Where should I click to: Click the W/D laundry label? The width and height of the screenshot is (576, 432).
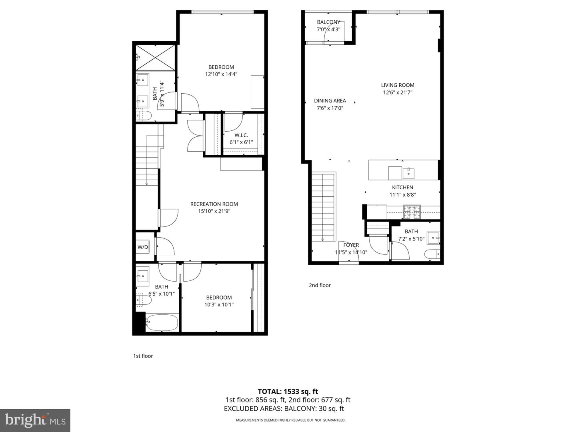pyautogui.click(x=143, y=247)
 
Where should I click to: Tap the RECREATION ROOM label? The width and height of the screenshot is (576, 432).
pyautogui.click(x=214, y=204)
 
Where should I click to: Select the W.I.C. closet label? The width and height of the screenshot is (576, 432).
pyautogui.click(x=241, y=135)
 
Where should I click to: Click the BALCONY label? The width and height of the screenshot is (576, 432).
pyautogui.click(x=328, y=22)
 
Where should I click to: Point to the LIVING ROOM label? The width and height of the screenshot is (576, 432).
pyautogui.click(x=397, y=85)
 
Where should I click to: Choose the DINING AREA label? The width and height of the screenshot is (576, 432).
pyautogui.click(x=330, y=101)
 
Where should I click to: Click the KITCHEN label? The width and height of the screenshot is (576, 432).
pyautogui.click(x=402, y=187)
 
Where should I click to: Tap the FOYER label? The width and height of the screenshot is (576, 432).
pyautogui.click(x=351, y=245)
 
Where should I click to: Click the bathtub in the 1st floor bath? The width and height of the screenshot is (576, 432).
pyautogui.click(x=162, y=322)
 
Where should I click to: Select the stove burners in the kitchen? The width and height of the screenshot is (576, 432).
pyautogui.click(x=412, y=212)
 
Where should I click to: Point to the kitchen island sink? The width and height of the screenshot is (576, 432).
pyautogui.click(x=408, y=173)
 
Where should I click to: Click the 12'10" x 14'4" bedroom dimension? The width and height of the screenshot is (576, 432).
pyautogui.click(x=221, y=74)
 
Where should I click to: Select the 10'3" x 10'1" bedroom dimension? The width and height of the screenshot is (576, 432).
pyautogui.click(x=219, y=304)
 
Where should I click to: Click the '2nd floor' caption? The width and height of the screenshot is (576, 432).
pyautogui.click(x=320, y=285)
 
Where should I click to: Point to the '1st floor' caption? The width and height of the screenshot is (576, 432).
pyautogui.click(x=143, y=356)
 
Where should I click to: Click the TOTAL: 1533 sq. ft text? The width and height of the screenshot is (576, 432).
pyautogui.click(x=288, y=391)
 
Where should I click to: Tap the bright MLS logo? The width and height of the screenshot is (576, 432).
pyautogui.click(x=35, y=420)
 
